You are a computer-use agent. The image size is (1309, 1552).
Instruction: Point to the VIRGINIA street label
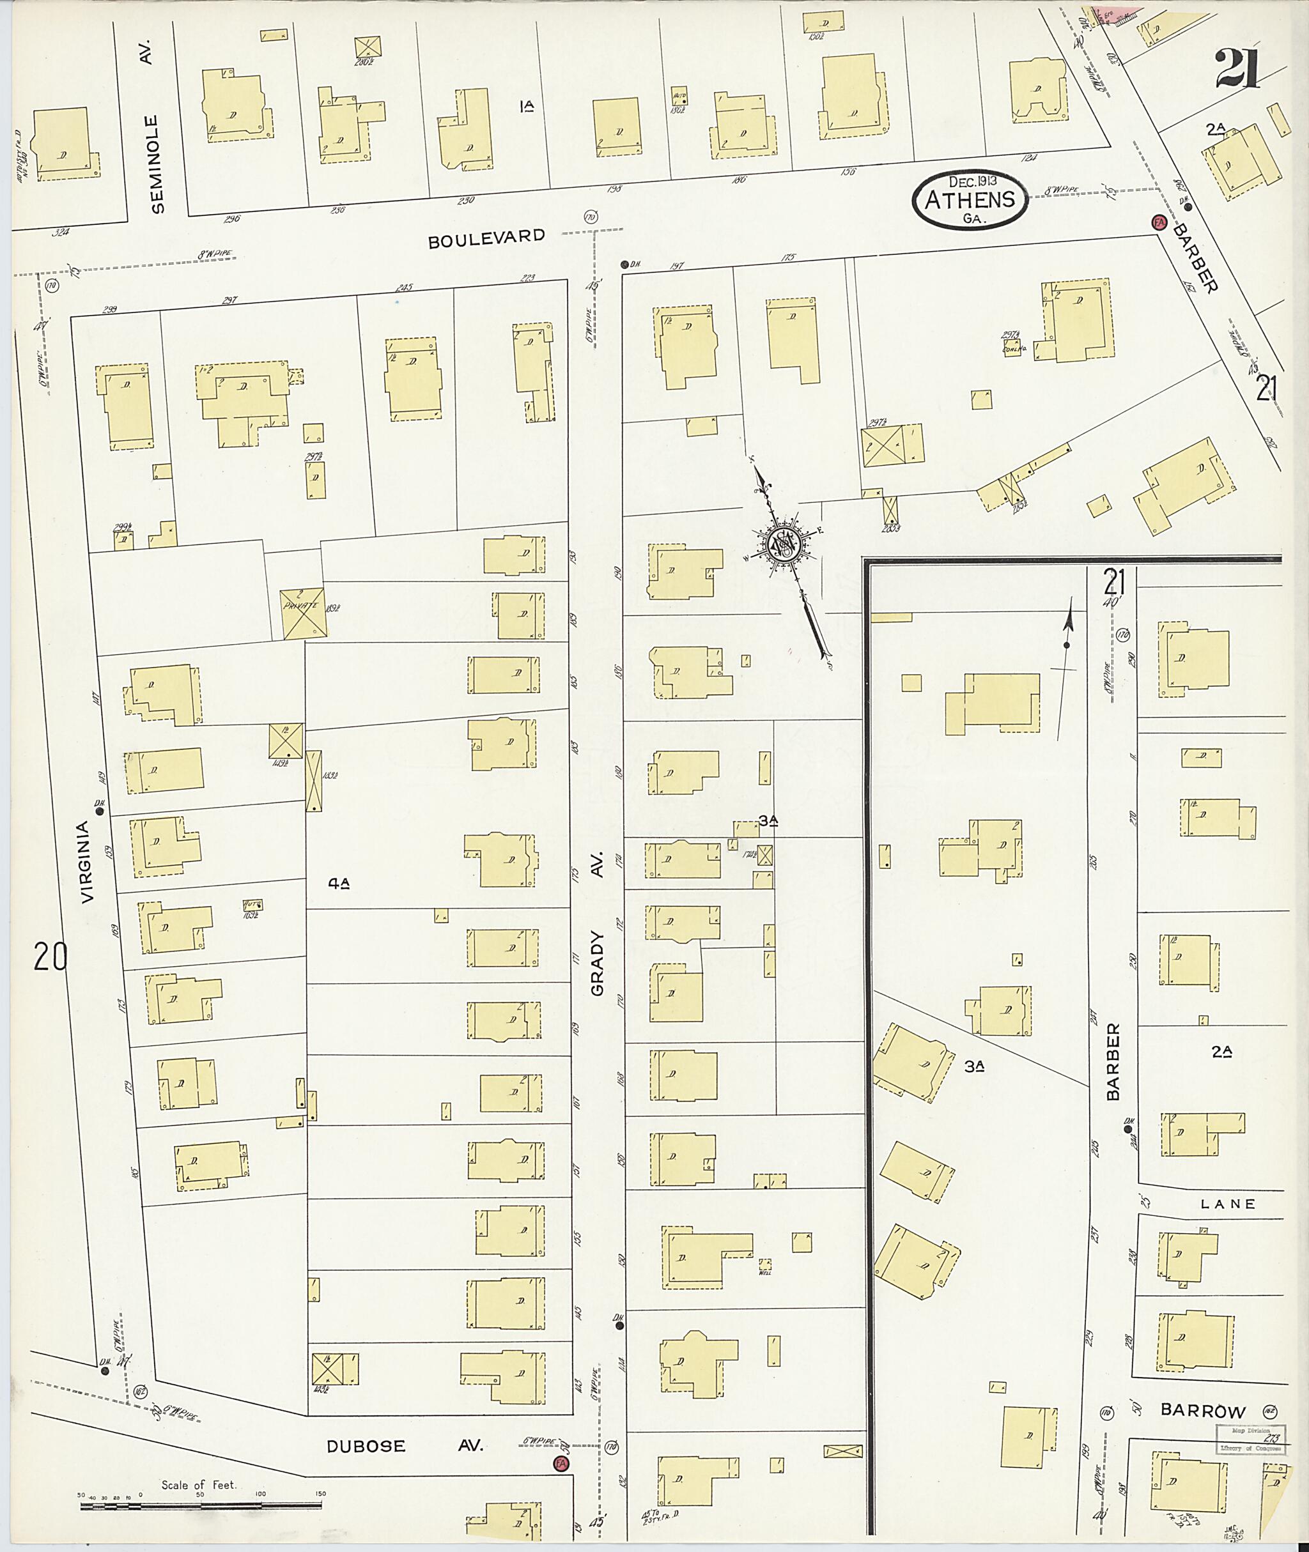tap(88, 861)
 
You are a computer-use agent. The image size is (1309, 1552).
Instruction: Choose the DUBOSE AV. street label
tap(405, 1446)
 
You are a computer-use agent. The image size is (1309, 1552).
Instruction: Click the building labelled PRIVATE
tap(303, 613)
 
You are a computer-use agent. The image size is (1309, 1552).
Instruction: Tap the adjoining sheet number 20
tap(50, 957)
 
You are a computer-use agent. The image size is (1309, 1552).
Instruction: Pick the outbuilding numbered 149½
tap(286, 741)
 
